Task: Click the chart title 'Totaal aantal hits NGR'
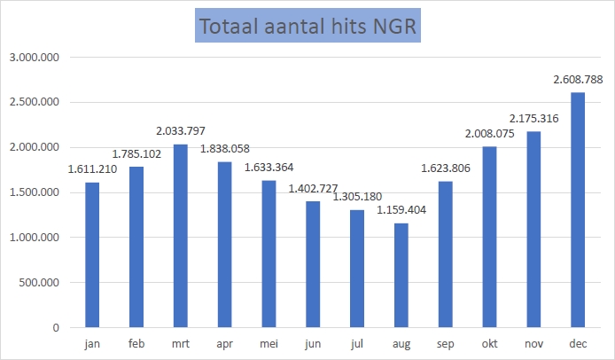(x=307, y=27)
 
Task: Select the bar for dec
(x=577, y=210)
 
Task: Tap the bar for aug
(x=401, y=276)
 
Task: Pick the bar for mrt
(x=181, y=236)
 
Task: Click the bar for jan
(x=92, y=255)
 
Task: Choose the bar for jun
(x=313, y=264)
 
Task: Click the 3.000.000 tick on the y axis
(x=35, y=57)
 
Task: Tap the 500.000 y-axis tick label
(x=39, y=283)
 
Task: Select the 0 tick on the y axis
(x=55, y=328)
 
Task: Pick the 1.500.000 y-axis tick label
(x=35, y=192)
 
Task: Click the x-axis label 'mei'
(x=269, y=342)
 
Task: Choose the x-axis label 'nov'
(x=533, y=342)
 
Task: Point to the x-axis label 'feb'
(x=136, y=342)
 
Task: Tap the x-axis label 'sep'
(x=445, y=342)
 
